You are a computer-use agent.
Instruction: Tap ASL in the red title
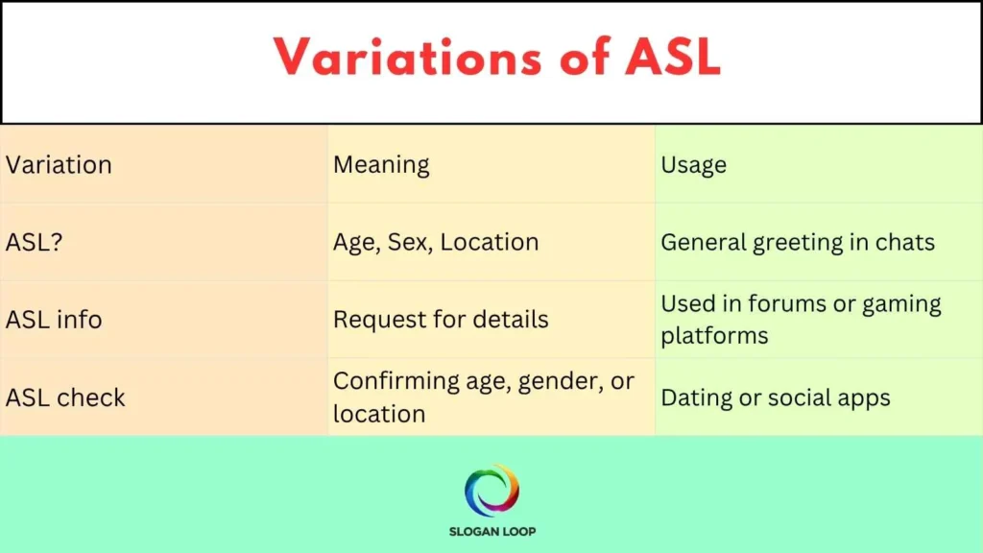670,59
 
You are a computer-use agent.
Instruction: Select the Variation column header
59,165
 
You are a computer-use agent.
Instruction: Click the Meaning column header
381,165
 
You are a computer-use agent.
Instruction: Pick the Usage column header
693,165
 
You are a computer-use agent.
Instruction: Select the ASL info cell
54,320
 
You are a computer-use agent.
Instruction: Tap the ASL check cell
65,397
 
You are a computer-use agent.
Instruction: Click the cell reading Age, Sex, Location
436,242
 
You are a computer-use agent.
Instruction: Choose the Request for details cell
441,320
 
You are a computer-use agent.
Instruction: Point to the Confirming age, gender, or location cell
484,397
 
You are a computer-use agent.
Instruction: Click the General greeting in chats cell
798,242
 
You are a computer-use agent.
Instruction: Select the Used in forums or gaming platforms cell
801,320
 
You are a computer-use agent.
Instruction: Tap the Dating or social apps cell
776,397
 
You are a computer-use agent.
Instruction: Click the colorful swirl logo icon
491,491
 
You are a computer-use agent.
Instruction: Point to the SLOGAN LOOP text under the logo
491,532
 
